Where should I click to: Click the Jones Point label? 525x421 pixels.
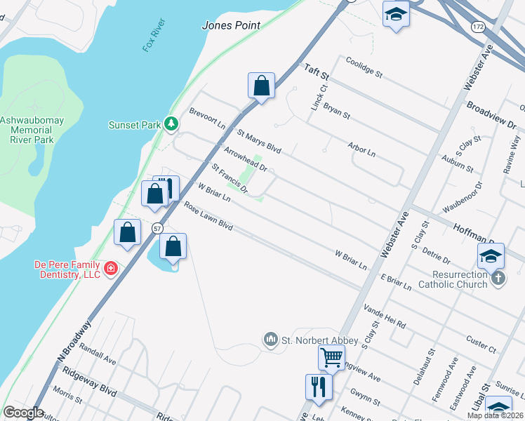pos(231,25)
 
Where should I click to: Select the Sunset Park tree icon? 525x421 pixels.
pos(170,124)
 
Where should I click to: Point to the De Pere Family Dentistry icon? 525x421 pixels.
pos(110,269)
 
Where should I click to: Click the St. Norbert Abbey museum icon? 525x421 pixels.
pos(270,340)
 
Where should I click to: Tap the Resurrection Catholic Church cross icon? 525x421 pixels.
pos(497,278)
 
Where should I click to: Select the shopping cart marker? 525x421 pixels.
pos(331,357)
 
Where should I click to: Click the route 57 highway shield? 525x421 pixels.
pos(158,227)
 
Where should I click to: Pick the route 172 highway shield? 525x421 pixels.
pos(477,27)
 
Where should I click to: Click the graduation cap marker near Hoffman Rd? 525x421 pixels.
pos(491,256)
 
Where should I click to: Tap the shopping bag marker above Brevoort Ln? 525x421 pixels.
pos(261,86)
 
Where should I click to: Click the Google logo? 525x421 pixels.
pos(22,413)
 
